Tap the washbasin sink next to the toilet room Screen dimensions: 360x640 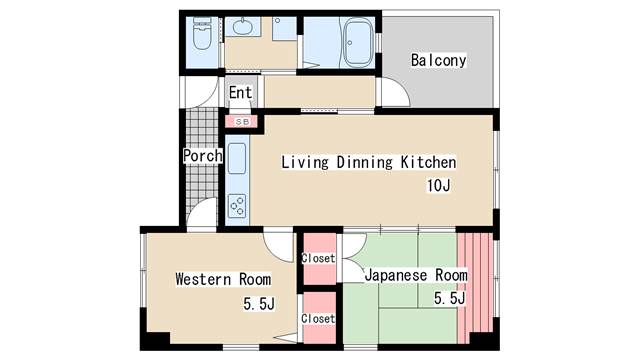coord(243,27)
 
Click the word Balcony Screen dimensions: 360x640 coord(438,60)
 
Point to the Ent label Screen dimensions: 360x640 coord(240,93)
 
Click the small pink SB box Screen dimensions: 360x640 coord(241,121)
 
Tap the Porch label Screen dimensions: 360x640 coord(201,156)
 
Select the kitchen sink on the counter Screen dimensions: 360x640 coord(237,159)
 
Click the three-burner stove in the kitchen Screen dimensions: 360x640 coord(237,206)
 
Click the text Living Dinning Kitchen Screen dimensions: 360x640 coord(368,162)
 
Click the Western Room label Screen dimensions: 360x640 coord(222,278)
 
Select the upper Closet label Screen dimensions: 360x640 coord(318,258)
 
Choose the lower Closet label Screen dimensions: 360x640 coord(318,319)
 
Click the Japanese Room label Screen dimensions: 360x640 coord(415,274)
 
